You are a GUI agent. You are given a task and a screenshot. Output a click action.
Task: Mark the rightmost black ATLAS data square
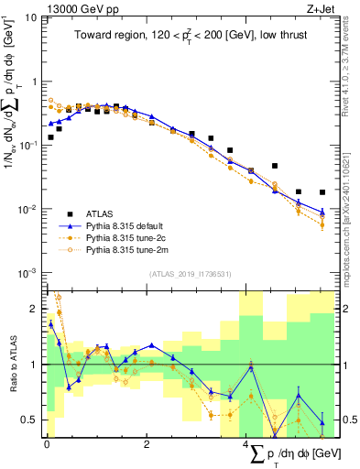[322, 192]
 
